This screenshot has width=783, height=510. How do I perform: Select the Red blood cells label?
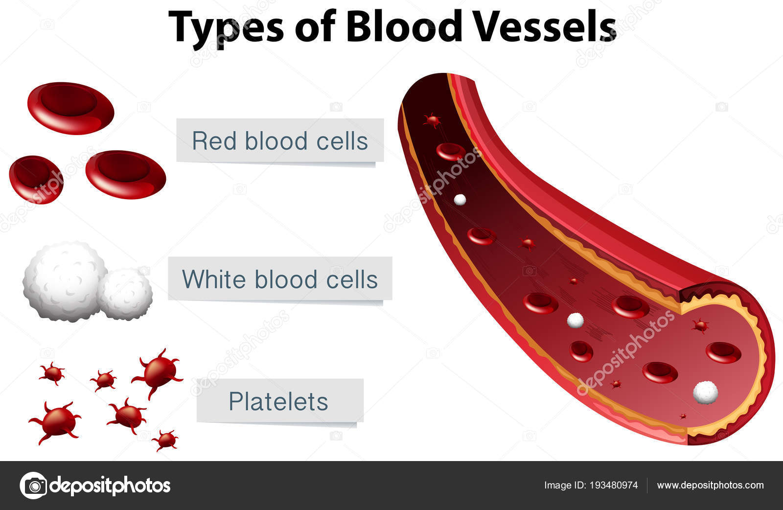280,140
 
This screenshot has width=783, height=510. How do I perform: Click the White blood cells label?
280,279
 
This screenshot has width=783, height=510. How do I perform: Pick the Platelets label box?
280,401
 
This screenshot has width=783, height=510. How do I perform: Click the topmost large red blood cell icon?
70,108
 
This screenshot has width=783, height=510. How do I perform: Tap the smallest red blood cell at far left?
36,179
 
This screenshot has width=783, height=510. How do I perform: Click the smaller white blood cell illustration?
126,294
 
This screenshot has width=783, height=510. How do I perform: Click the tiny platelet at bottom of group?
166,440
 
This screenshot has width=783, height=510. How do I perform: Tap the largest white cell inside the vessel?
705,392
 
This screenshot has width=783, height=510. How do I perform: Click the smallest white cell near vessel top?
460,199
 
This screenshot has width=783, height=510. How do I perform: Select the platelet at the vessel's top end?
432,120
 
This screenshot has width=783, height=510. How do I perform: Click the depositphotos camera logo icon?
33,486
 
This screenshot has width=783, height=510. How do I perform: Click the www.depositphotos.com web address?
710,486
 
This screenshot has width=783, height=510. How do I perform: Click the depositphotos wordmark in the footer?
110,486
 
